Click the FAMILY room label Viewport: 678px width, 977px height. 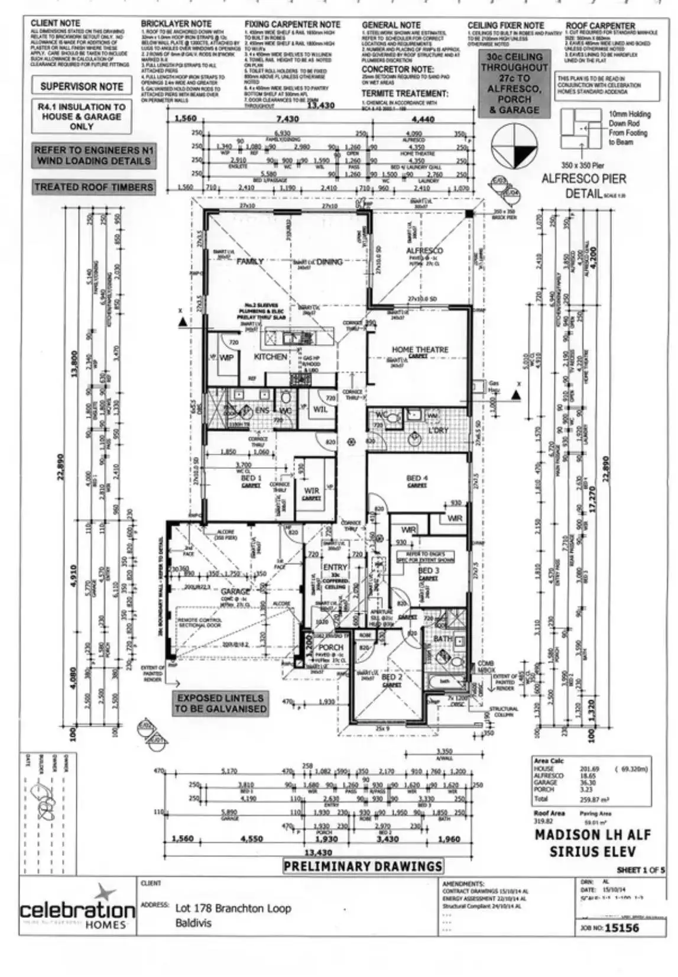(249, 261)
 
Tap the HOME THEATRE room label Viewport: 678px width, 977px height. (420, 350)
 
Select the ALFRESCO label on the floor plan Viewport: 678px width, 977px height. (424, 251)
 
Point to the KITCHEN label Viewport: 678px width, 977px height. (270, 357)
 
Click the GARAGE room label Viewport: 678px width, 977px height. (235, 591)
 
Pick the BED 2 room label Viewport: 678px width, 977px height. (391, 677)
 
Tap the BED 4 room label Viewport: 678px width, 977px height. (417, 478)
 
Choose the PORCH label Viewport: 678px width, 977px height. (330, 648)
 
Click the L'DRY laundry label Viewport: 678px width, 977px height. (438, 431)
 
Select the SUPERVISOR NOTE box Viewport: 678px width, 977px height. (82, 86)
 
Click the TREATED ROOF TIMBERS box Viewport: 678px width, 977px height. (93, 187)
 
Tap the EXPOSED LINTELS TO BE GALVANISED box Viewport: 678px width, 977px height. (220, 703)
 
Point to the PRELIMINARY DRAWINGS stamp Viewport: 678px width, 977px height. (363, 866)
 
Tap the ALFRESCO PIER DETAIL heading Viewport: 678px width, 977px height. (583, 186)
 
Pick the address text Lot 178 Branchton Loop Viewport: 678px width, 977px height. (233, 908)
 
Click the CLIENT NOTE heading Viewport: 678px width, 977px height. (55, 23)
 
